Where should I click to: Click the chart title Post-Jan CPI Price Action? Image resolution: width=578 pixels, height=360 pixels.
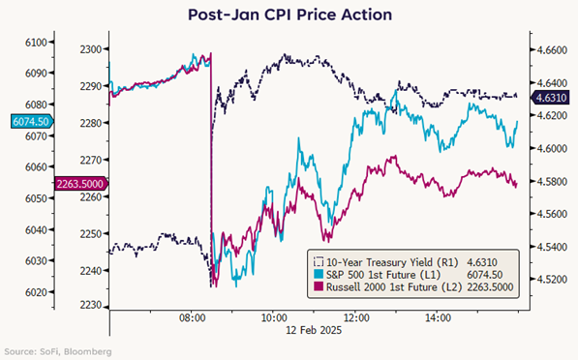click(289, 15)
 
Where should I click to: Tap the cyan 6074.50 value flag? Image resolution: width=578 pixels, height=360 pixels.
click(32, 121)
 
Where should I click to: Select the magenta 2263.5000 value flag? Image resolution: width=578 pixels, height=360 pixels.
click(81, 184)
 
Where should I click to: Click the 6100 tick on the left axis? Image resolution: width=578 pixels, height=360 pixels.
click(36, 43)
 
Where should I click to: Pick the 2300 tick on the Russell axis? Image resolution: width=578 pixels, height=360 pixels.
click(91, 49)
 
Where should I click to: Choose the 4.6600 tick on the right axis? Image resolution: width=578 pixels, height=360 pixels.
click(552, 49)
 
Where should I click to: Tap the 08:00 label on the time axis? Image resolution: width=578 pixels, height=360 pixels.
click(192, 317)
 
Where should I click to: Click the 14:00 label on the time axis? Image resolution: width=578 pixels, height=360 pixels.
click(438, 317)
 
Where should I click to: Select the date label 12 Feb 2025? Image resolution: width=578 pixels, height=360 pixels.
click(314, 330)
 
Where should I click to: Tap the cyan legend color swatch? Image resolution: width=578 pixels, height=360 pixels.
click(319, 275)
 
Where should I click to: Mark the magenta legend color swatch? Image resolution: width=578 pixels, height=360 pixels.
click(319, 287)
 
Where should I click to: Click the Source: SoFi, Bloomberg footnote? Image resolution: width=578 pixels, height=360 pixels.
click(58, 351)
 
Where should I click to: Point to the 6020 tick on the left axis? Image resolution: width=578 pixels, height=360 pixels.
click(36, 292)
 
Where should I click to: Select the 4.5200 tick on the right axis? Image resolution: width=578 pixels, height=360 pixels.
click(552, 280)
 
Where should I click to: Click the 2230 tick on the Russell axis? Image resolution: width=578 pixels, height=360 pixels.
click(91, 305)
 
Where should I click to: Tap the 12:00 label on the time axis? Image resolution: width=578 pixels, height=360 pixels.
click(356, 317)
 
